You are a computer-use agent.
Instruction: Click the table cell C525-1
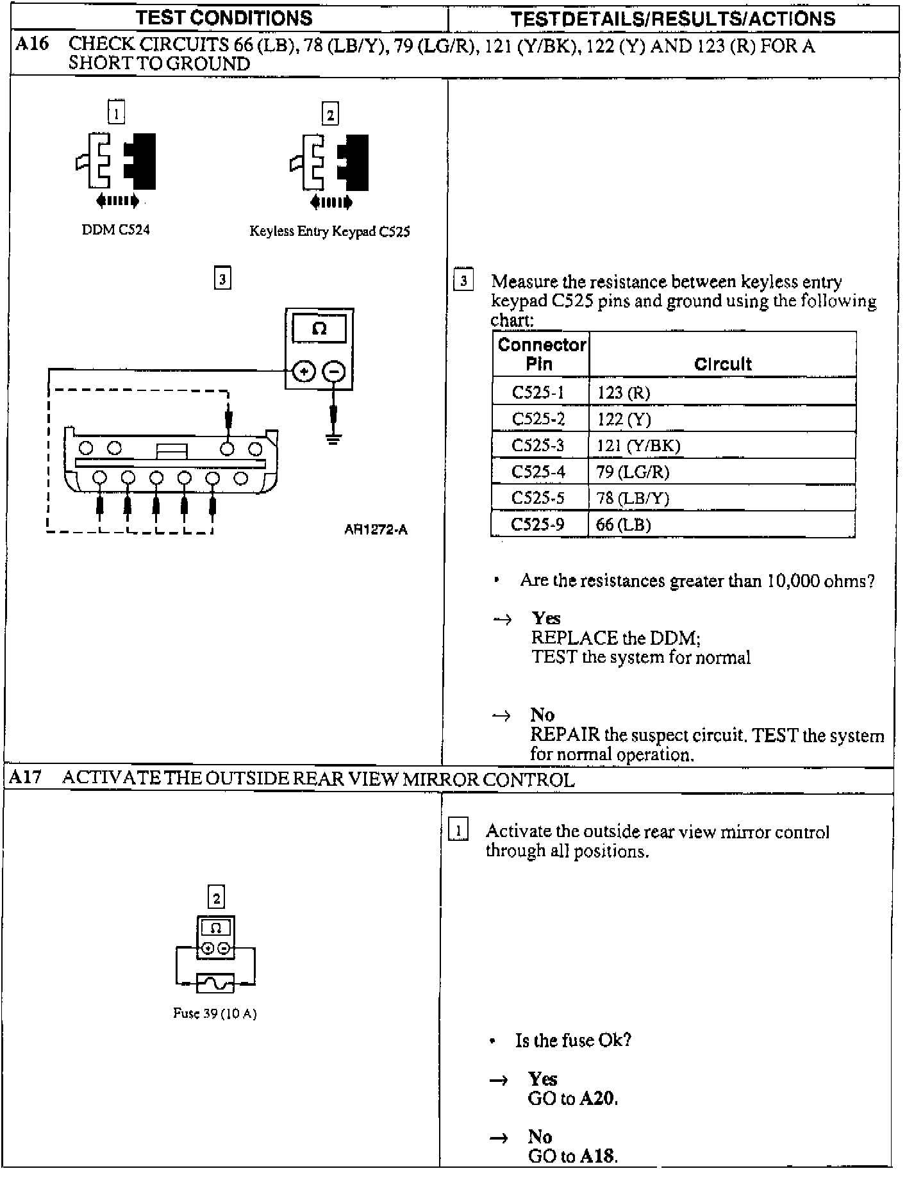pyautogui.click(x=538, y=392)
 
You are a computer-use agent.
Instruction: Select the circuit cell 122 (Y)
pyautogui.click(x=624, y=419)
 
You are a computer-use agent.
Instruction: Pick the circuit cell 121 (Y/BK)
pyautogui.click(x=638, y=445)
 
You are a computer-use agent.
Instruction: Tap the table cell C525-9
pyautogui.click(x=538, y=524)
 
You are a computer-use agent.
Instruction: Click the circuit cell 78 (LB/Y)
pyautogui.click(x=633, y=498)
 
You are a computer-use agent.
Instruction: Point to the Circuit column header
pyautogui.click(x=722, y=364)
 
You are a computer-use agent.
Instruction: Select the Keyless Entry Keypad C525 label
pyautogui.click(x=329, y=231)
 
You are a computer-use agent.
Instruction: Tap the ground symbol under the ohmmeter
pyautogui.click(x=333, y=439)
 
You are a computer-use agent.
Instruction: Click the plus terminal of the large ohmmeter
pyautogui.click(x=304, y=372)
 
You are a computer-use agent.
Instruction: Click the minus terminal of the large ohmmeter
pyautogui.click(x=333, y=372)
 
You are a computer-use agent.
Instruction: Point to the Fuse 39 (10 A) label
pyautogui.click(x=215, y=1013)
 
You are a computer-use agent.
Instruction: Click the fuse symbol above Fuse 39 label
pyautogui.click(x=215, y=983)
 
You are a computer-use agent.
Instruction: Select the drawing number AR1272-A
pyautogui.click(x=376, y=529)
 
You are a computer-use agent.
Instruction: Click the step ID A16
pyautogui.click(x=31, y=44)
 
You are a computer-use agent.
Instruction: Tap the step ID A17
pyautogui.click(x=26, y=778)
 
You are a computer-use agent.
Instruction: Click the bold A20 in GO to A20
pyautogui.click(x=597, y=1099)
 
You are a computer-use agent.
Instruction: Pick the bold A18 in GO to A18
pyautogui.click(x=597, y=1156)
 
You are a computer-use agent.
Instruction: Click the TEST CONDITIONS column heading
pyautogui.click(x=224, y=18)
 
